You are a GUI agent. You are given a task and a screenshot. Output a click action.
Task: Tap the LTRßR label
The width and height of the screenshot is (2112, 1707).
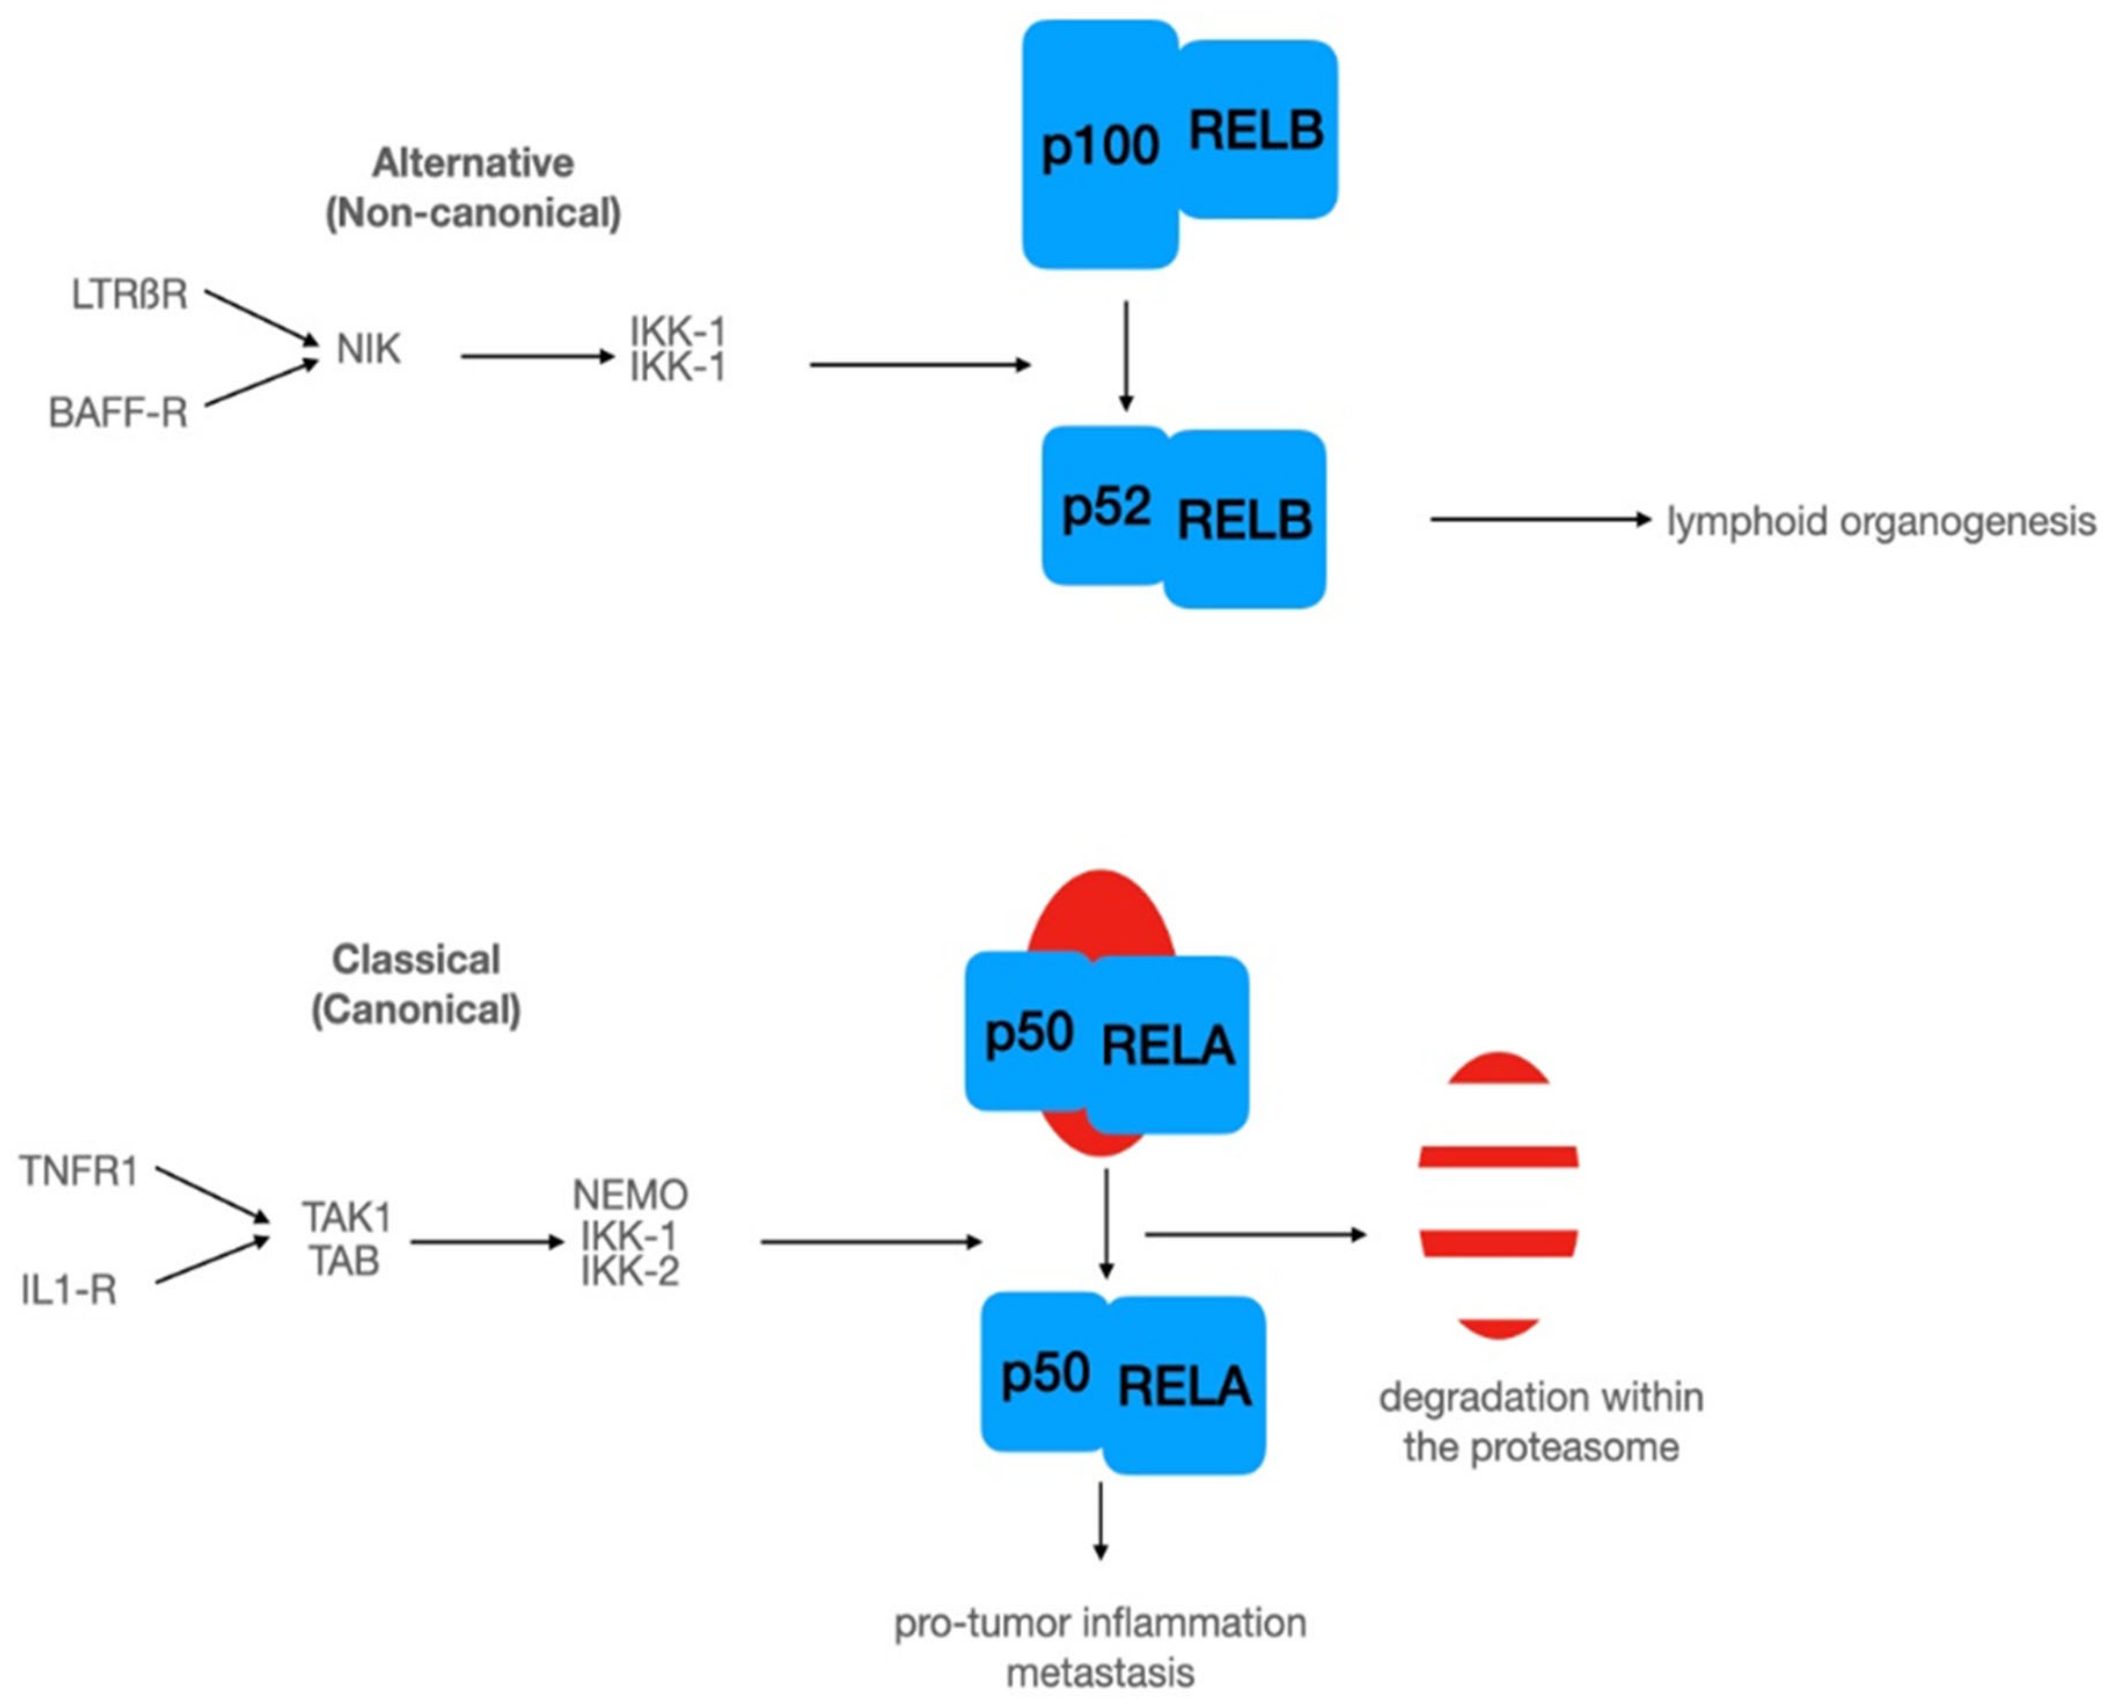[129, 295]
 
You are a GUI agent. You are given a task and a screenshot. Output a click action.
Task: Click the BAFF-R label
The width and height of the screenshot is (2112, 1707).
[118, 413]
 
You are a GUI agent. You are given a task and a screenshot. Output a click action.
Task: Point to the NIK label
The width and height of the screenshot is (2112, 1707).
[368, 349]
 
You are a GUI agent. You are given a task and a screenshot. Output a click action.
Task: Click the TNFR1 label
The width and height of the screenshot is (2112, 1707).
[79, 1171]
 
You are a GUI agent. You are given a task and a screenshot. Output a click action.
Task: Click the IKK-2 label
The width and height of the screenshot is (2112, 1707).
[630, 1271]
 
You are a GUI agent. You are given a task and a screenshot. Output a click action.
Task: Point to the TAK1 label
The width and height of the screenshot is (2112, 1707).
[346, 1217]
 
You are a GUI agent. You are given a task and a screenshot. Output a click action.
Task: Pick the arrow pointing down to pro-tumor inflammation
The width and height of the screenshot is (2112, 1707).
[1100, 1520]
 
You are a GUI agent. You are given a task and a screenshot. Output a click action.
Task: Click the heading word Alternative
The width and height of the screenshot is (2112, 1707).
[473, 162]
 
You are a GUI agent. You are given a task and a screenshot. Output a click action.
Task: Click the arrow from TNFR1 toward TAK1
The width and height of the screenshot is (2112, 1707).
[212, 1196]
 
